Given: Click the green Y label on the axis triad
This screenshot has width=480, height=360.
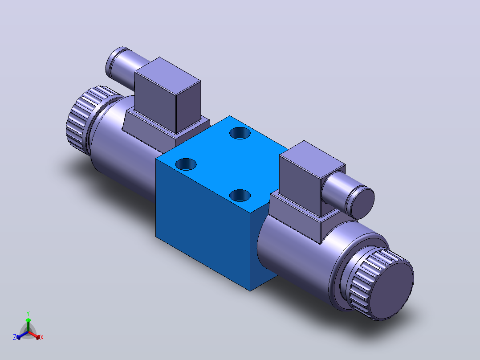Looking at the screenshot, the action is click(x=28, y=313).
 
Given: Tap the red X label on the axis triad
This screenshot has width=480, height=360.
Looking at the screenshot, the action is click(x=42, y=337).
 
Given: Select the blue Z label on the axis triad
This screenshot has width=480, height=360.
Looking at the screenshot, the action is click(x=14, y=337).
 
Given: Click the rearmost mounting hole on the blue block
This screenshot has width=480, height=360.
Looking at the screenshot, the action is click(x=240, y=133).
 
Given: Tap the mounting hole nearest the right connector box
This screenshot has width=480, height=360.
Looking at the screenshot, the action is click(x=240, y=196).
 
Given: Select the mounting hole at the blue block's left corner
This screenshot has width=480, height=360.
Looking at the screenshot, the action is click(x=186, y=164).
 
